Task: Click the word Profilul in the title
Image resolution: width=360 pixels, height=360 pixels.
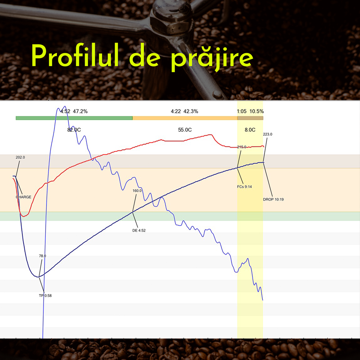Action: click(x=75, y=55)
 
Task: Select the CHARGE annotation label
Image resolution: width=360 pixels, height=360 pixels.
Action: click(x=23, y=197)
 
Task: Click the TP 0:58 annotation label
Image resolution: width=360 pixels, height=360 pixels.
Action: click(x=45, y=295)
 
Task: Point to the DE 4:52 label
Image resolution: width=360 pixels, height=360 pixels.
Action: click(x=139, y=230)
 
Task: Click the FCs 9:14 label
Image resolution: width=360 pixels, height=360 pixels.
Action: click(x=244, y=187)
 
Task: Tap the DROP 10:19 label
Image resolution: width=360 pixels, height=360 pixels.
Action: click(x=273, y=199)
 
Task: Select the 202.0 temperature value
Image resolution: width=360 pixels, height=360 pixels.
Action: click(x=20, y=157)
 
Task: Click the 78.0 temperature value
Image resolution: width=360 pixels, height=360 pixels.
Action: click(x=42, y=256)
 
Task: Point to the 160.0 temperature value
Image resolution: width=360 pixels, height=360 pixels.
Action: click(x=137, y=191)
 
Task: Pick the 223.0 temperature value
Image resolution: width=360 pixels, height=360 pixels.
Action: click(x=268, y=134)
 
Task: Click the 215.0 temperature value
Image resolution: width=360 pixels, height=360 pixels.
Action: click(x=242, y=147)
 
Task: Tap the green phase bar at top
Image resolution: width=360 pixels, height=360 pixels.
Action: click(x=74, y=118)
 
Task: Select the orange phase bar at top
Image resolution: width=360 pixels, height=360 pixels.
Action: click(x=185, y=118)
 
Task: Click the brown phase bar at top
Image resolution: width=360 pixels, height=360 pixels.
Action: click(x=250, y=118)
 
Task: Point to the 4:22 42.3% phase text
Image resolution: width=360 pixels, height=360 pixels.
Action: click(x=184, y=111)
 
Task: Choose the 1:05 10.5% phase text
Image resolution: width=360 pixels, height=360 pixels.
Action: click(x=250, y=111)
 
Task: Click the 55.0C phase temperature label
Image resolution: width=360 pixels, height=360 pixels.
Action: click(x=185, y=130)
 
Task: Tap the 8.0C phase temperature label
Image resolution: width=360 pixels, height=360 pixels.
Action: click(x=250, y=130)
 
